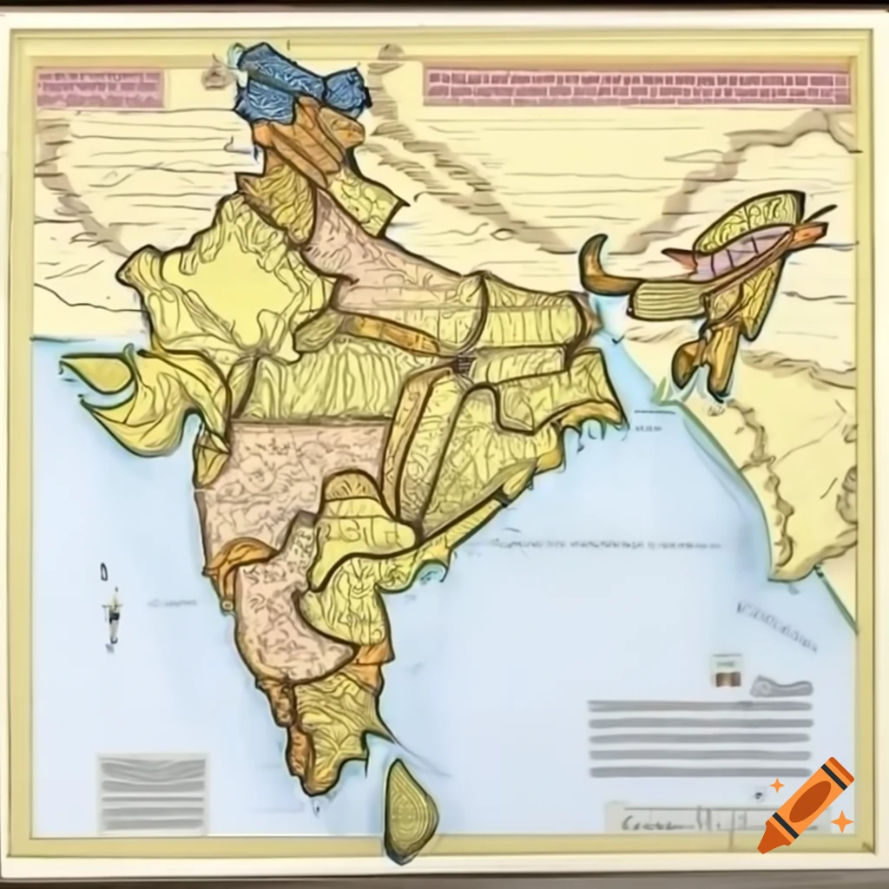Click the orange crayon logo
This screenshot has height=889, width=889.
coord(805,805)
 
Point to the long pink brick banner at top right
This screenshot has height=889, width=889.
coord(637,88)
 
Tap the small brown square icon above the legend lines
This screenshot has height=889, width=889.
coord(727,672)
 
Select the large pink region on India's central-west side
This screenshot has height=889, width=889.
coord(286,477)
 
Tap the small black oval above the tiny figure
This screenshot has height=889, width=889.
coord(104,571)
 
